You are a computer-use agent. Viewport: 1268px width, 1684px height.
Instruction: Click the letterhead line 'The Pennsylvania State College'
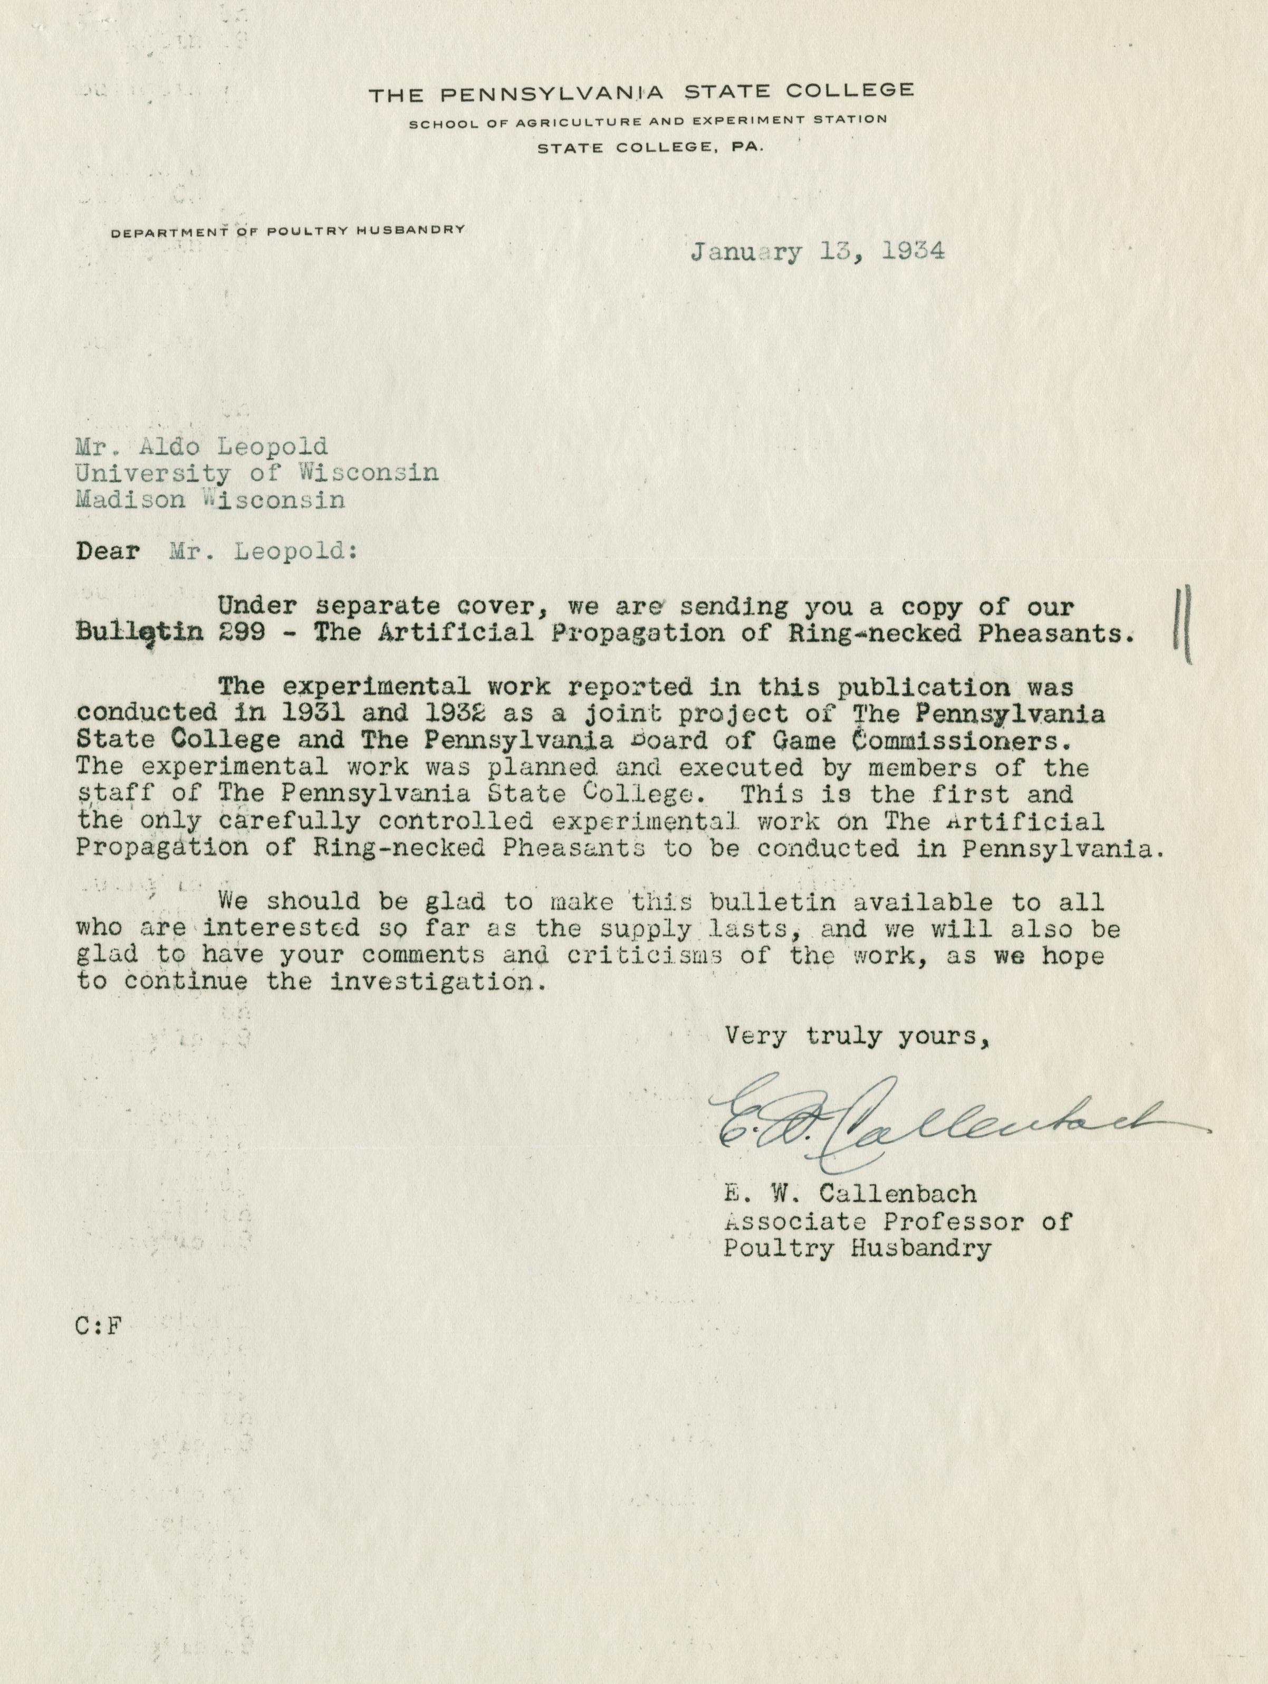point(641,93)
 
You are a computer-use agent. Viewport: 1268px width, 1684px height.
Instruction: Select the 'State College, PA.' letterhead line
point(649,148)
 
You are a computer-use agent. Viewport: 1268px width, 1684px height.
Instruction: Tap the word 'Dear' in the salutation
point(108,550)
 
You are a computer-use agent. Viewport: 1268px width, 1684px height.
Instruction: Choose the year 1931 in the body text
point(309,714)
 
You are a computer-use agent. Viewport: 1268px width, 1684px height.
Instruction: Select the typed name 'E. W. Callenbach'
point(849,1194)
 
